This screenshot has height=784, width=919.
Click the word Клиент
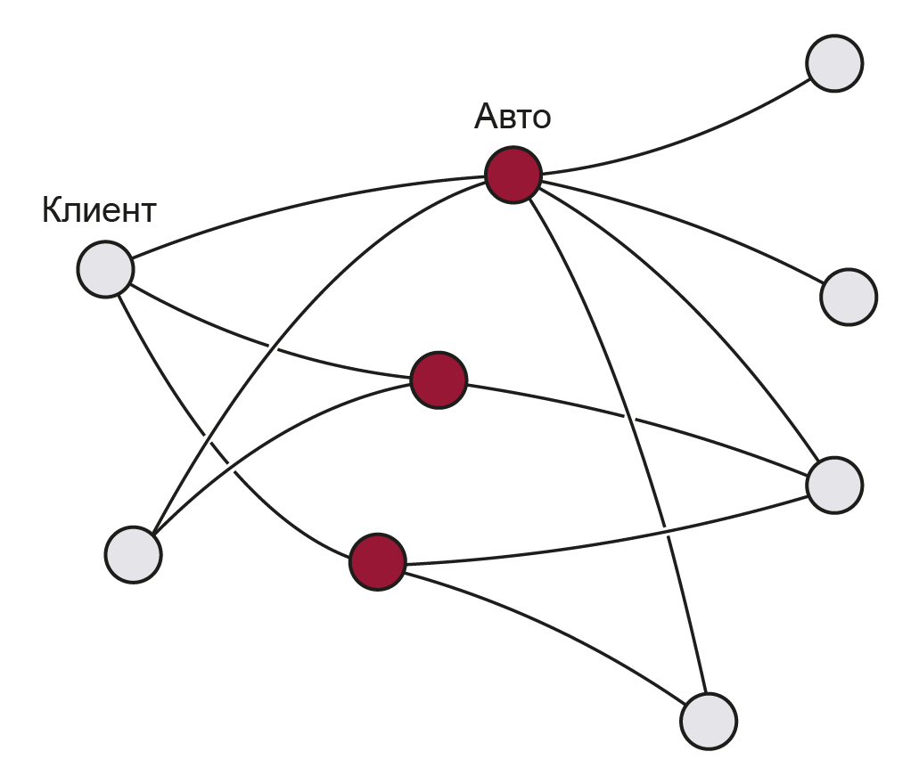99,211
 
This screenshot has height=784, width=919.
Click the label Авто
513,117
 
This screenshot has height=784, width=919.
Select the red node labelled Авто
513,176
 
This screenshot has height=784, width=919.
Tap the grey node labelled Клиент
105,269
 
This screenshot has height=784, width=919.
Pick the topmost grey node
834,63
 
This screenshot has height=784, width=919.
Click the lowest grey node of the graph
709,721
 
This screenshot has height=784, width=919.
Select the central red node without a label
439,380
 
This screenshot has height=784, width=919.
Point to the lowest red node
377,562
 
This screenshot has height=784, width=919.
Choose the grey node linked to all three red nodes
834,486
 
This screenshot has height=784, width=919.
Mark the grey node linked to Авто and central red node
133,554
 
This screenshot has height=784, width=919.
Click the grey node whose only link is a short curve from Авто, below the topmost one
849,297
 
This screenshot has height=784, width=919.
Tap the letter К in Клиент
53,211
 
